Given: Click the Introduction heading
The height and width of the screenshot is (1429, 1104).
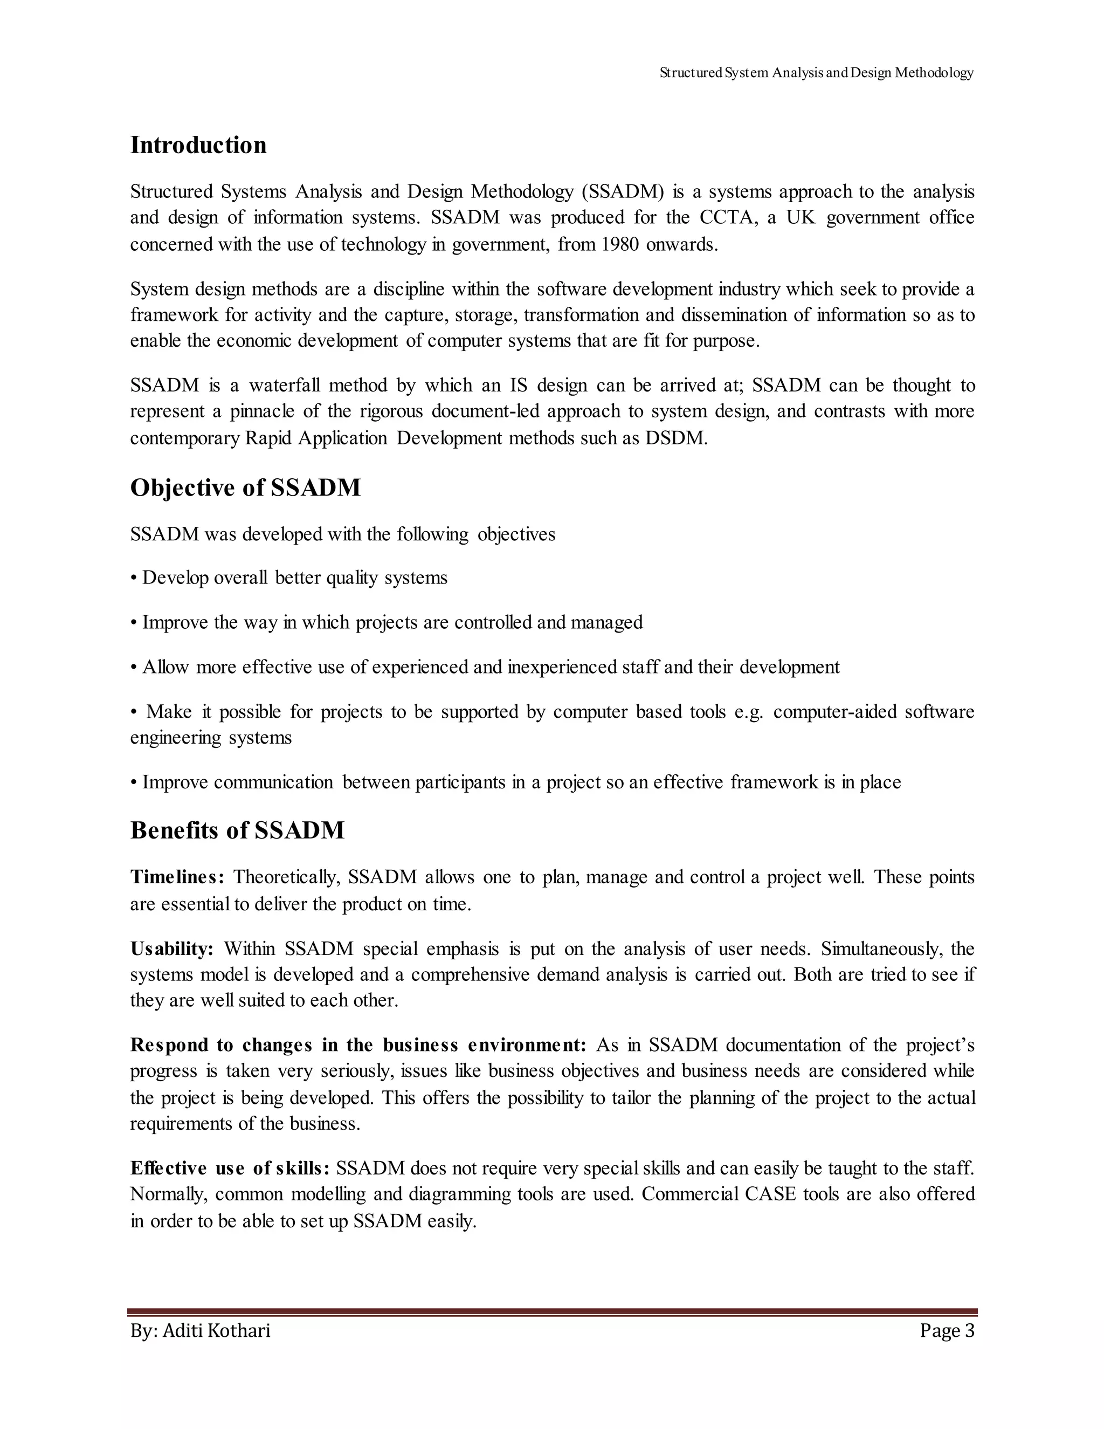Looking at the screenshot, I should click(198, 145).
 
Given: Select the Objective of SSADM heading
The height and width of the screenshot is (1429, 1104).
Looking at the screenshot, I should click(245, 487).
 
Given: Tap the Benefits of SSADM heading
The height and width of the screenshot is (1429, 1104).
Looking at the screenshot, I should click(237, 830).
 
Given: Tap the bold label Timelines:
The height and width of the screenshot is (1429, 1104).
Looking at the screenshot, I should click(177, 877).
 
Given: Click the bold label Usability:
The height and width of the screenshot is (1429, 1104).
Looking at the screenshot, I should click(172, 948).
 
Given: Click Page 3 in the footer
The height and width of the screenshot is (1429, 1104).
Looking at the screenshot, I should click(947, 1330).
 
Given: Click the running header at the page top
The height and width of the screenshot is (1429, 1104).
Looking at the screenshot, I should click(816, 73).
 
